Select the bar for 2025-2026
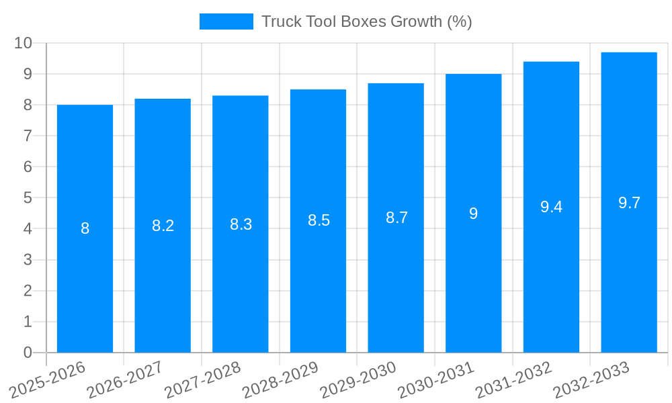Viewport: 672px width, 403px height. (x=85, y=228)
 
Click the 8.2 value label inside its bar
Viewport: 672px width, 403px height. (x=163, y=226)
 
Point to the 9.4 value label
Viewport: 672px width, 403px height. (x=551, y=207)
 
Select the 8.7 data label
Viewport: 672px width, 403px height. (x=396, y=218)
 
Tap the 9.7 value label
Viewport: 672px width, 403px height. (x=629, y=203)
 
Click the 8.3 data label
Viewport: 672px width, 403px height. (x=241, y=224)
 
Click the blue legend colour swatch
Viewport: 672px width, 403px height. (x=226, y=21)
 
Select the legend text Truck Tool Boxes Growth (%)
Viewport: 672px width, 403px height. (x=367, y=21)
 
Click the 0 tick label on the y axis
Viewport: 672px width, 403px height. (x=28, y=353)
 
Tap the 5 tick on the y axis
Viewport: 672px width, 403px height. (x=28, y=198)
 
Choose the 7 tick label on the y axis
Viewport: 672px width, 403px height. (x=28, y=136)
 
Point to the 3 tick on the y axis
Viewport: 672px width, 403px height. (x=28, y=260)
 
